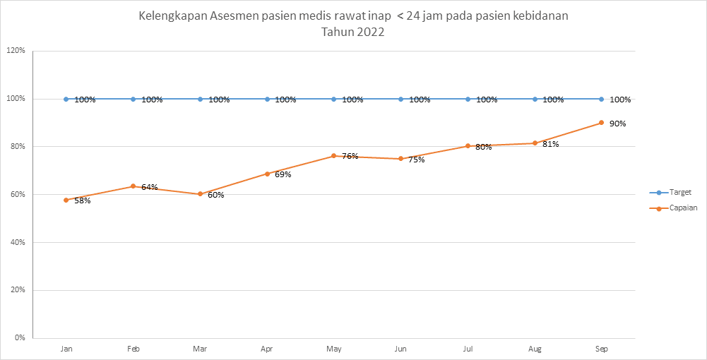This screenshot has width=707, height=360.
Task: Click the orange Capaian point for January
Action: (x=66, y=200)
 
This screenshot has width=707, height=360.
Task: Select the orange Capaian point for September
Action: (x=601, y=123)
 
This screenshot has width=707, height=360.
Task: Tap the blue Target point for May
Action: (x=334, y=100)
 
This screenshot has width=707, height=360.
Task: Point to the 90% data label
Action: (x=617, y=124)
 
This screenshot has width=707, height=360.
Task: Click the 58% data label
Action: (x=83, y=200)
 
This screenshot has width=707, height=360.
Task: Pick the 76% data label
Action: (x=350, y=156)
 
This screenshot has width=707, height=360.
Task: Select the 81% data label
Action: (x=551, y=145)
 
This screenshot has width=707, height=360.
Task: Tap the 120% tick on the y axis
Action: (x=16, y=51)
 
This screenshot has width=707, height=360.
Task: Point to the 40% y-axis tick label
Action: (x=17, y=242)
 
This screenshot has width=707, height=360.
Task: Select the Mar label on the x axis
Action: (x=200, y=349)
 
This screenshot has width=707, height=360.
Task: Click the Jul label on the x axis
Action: (x=468, y=349)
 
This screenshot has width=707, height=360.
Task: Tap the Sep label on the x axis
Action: (x=601, y=349)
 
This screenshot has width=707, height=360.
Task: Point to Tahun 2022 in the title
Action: (x=353, y=32)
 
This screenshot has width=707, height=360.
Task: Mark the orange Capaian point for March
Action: (x=200, y=194)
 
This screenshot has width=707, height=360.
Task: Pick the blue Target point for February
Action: (x=133, y=100)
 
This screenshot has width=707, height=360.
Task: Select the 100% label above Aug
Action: (x=553, y=100)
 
